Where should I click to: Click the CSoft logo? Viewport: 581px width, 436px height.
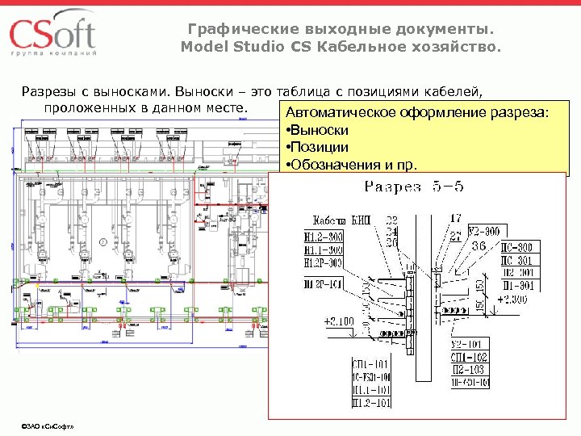point(53,36)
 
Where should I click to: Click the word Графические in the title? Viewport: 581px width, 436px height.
point(233,29)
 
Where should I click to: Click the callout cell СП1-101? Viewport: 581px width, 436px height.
point(370,364)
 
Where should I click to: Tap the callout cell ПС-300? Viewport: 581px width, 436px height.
point(516,247)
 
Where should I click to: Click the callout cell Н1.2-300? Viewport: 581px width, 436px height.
point(323,236)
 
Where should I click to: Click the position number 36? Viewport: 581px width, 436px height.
point(478,245)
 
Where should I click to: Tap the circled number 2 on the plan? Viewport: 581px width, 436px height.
point(103,241)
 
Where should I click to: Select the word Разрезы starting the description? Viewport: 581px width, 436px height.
point(55,90)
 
